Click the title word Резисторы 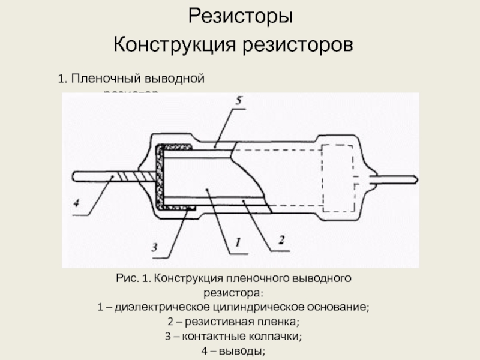coord(241,16)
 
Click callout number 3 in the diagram coord(154,247)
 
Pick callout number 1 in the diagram coord(236,243)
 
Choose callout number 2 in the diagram coord(280,241)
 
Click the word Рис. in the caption coord(127,280)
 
